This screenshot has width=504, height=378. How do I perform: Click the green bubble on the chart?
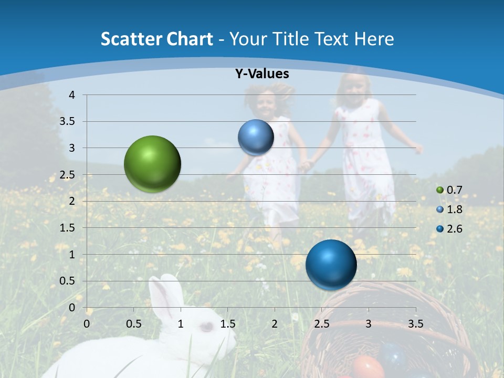pos(152,164)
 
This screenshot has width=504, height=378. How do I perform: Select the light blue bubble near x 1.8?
pos(256,137)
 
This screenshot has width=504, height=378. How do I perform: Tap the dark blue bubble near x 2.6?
pos(331,265)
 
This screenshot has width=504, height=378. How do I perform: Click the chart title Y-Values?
pos(262,74)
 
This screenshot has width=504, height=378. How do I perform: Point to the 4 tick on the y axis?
pos(72,95)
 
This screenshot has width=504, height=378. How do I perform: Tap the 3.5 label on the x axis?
pos(416,323)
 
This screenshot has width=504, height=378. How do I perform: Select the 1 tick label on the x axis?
pos(181,323)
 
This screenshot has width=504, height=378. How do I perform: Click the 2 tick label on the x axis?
pos(275,323)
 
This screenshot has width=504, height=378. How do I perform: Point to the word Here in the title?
pos(374,39)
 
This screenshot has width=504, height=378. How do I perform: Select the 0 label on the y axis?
pos(72,308)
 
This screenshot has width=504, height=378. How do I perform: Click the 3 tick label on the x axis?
pos(369,323)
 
